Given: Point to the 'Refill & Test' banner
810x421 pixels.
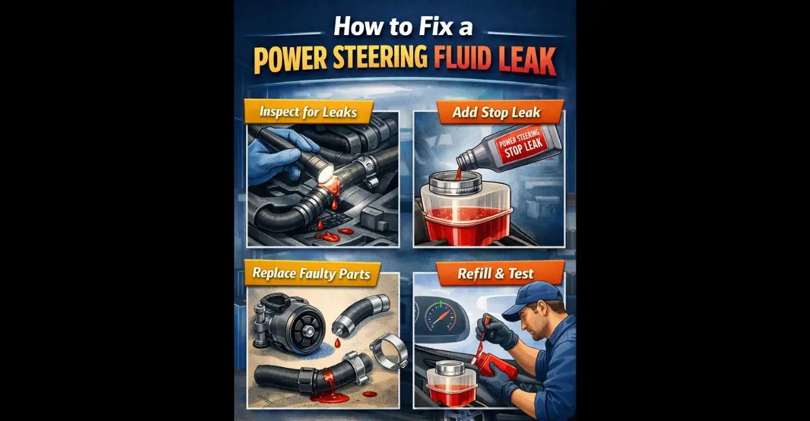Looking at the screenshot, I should click(496, 273).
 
